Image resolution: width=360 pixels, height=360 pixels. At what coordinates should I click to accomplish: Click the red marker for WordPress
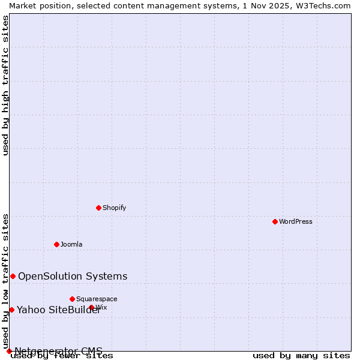click(275, 221)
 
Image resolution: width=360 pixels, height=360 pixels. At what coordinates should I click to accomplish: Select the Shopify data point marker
click(98, 208)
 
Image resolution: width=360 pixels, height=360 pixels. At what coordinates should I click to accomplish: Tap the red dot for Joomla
click(56, 244)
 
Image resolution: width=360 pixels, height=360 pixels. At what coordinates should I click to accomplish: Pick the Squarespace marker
click(72, 299)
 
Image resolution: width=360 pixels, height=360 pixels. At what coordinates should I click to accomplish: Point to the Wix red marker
click(92, 307)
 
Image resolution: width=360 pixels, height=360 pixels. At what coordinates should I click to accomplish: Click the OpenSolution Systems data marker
click(13, 276)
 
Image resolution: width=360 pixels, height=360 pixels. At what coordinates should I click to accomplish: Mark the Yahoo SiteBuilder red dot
click(11, 310)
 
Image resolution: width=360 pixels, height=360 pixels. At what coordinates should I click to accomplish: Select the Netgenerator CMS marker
click(9, 351)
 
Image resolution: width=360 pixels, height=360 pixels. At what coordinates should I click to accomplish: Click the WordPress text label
click(296, 221)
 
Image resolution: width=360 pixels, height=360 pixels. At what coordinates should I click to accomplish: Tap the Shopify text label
click(114, 208)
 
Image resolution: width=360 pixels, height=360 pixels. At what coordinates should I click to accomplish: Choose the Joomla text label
click(71, 244)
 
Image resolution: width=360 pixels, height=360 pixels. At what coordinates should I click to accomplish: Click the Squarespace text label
click(97, 299)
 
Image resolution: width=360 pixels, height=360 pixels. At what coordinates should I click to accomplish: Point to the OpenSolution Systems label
click(73, 276)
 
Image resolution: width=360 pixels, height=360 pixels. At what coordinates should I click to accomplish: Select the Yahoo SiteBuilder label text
click(58, 310)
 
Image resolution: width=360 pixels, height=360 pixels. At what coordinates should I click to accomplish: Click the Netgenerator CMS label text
click(58, 351)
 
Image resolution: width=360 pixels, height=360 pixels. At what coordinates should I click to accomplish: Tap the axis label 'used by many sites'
click(301, 356)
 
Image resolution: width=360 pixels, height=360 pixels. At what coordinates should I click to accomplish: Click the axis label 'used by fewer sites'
click(62, 356)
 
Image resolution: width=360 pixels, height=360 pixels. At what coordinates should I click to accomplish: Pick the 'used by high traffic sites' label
click(5, 85)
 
